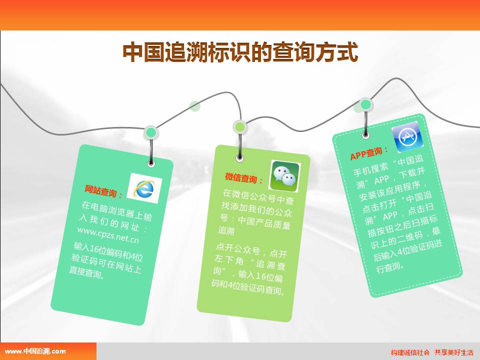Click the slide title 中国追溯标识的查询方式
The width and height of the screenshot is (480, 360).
[x=240, y=52]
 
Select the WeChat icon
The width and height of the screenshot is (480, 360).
[x=284, y=176]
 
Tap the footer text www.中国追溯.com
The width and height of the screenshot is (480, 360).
[x=35, y=351]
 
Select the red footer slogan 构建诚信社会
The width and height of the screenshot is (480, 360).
[x=410, y=352]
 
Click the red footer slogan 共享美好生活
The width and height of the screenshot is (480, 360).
[x=453, y=352]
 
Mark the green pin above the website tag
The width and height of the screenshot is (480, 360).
[x=150, y=133]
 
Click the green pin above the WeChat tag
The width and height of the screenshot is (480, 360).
[x=240, y=126]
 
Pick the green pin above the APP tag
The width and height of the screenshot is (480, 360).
[x=365, y=104]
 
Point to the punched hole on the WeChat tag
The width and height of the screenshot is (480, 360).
[x=240, y=158]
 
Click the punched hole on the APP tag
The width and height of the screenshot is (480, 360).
[x=365, y=134]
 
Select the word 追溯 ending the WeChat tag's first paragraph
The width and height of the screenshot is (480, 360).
[x=226, y=230]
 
